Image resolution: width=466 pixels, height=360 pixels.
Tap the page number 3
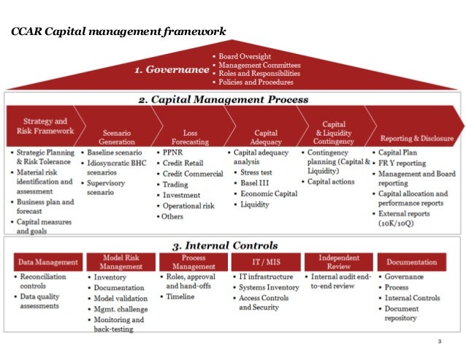[x=440, y=342]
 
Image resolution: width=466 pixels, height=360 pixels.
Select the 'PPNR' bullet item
[x=176, y=153]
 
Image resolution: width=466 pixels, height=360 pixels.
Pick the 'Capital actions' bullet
[x=333, y=180]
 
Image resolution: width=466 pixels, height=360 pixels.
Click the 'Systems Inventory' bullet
[x=270, y=287]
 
